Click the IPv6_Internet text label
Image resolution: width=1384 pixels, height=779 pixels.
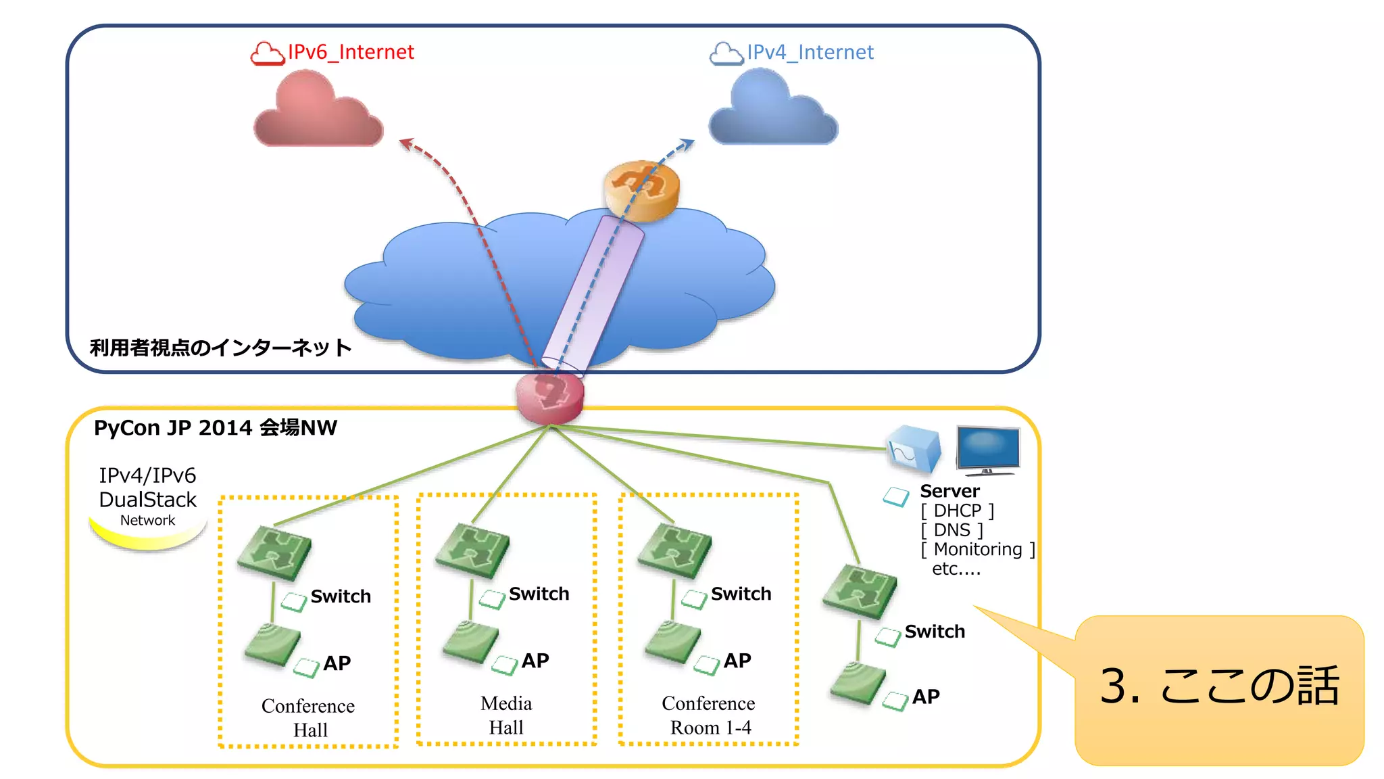point(350,52)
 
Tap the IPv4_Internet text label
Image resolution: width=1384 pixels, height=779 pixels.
point(810,52)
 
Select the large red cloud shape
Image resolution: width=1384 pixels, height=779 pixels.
point(318,112)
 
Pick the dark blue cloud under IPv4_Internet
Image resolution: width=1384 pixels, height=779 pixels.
point(773,110)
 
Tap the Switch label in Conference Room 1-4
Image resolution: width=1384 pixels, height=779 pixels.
point(741,594)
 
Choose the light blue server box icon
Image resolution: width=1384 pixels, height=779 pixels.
point(914,449)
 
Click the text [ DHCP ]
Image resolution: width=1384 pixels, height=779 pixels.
point(957,511)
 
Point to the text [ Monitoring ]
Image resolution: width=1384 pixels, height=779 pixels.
point(977,549)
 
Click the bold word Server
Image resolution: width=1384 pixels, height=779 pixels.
point(949,491)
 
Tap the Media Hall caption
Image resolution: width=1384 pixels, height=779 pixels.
point(506,715)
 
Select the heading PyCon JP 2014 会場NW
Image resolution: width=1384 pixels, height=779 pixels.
point(215,428)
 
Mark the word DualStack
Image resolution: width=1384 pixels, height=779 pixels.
point(147,500)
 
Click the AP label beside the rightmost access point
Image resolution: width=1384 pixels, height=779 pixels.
point(926,697)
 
